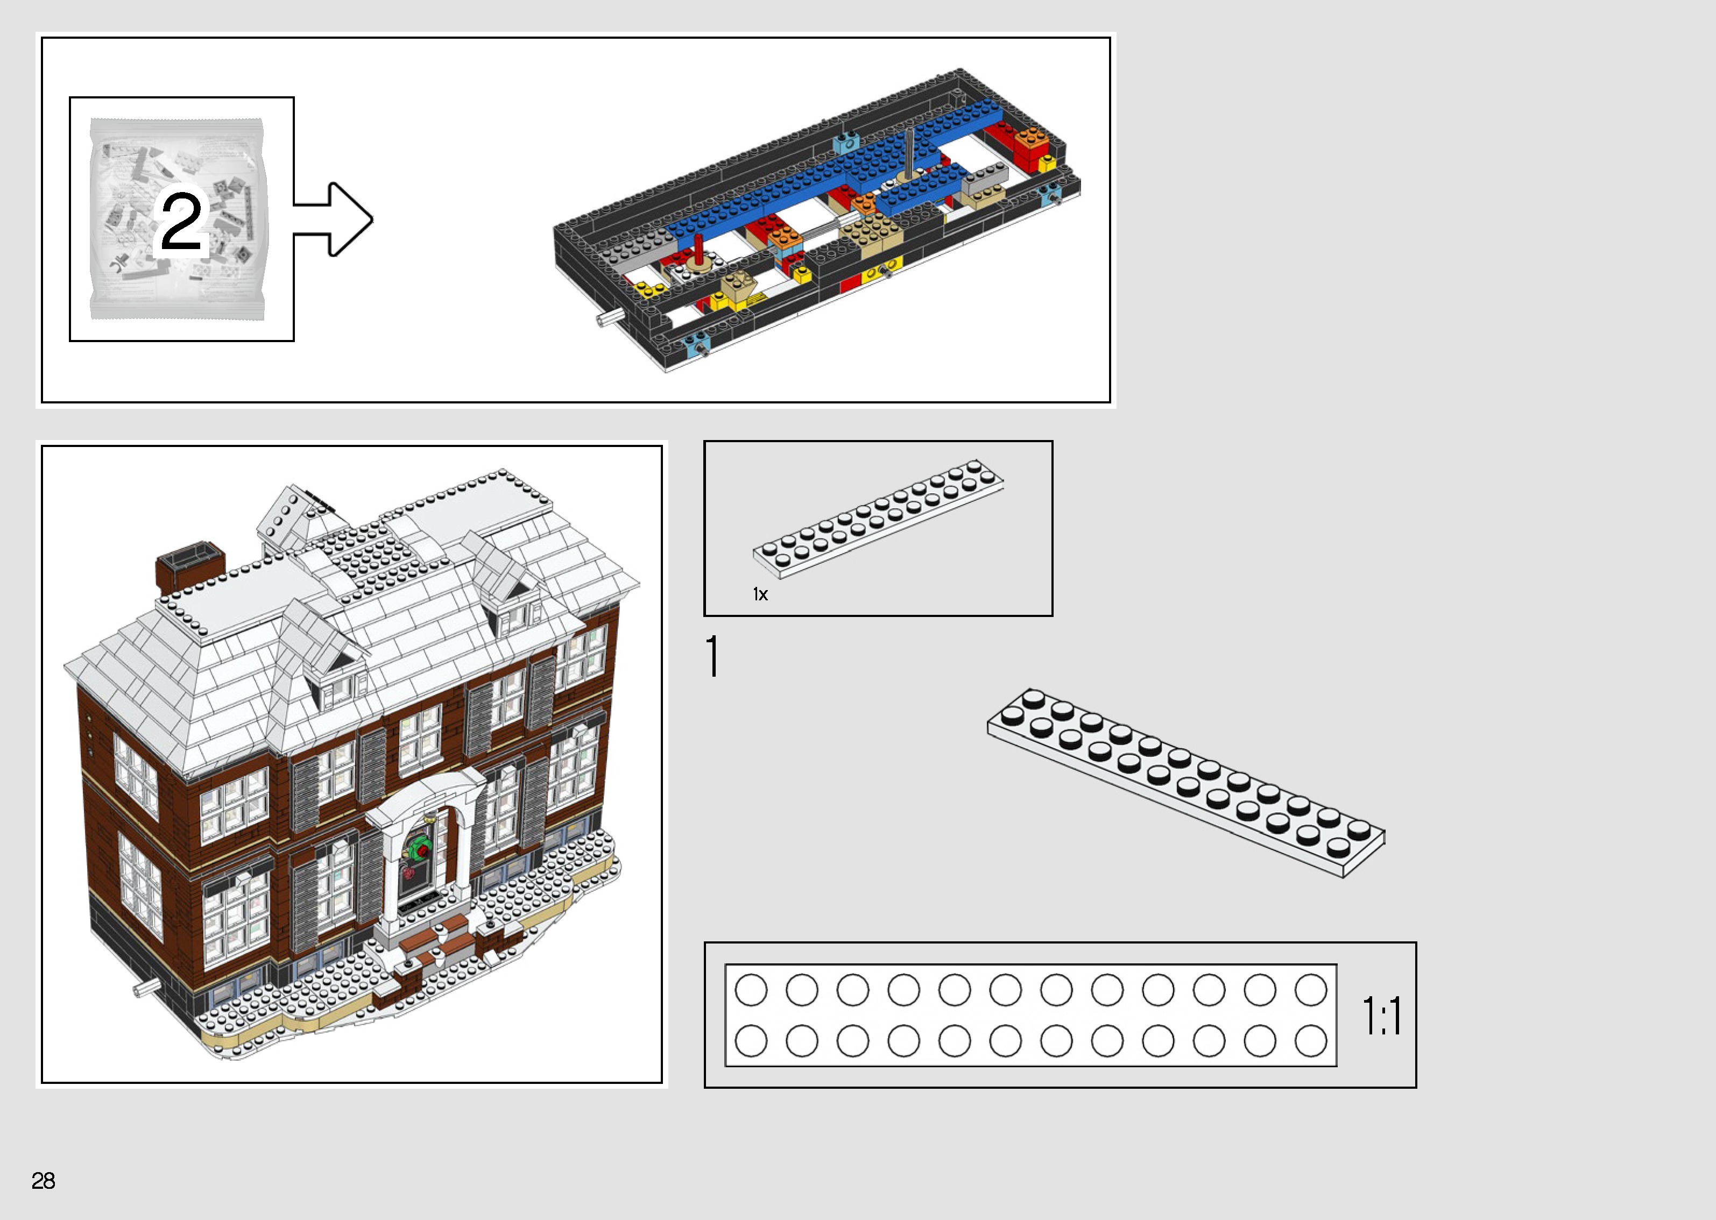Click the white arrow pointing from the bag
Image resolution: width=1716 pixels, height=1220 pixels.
[x=338, y=218]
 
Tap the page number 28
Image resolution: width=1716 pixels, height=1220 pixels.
[x=43, y=1180]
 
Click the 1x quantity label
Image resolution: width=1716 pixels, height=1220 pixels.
[x=760, y=594]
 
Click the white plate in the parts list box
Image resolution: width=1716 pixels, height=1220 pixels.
[x=878, y=519]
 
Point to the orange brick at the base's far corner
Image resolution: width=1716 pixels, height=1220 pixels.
[x=1031, y=140]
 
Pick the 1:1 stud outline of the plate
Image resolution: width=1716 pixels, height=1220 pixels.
[x=1030, y=1015]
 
